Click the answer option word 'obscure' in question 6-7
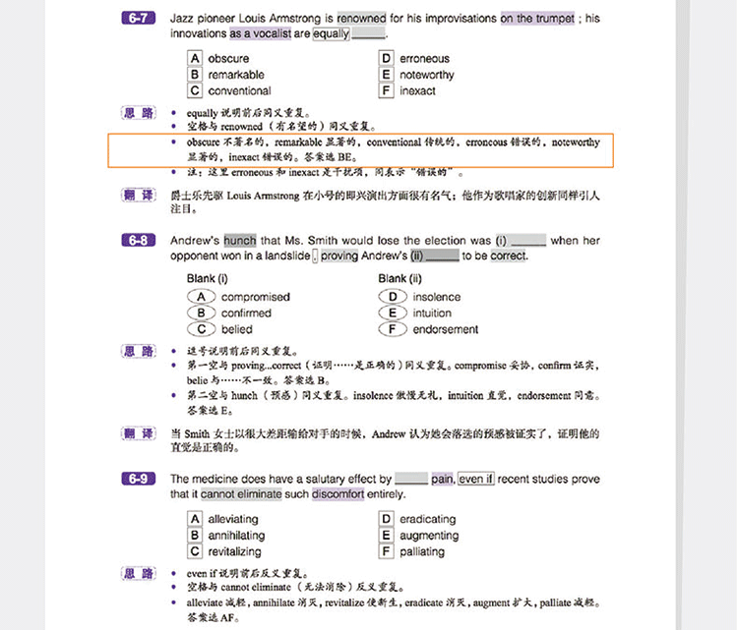228,58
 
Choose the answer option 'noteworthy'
427,75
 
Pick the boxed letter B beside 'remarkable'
196,75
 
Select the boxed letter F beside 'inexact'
387,91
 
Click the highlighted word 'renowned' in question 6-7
361,18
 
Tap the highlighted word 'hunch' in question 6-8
240,240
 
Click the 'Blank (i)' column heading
208,278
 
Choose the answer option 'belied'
237,329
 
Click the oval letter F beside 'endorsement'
392,329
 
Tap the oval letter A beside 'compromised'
201,297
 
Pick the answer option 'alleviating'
233,519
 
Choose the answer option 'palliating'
422,551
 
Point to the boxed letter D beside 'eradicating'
387,519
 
